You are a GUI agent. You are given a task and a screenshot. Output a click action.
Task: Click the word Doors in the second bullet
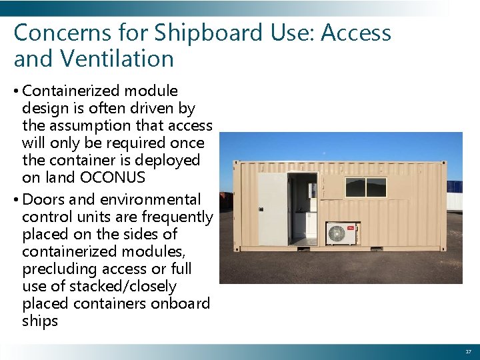42,199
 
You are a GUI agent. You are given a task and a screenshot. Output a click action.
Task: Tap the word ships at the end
40,321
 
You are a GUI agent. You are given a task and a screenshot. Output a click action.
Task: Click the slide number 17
467,351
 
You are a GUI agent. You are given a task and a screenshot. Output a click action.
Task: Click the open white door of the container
272,210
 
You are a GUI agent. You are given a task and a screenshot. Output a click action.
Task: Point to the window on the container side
365,187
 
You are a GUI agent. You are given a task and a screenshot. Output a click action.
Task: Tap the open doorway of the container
302,208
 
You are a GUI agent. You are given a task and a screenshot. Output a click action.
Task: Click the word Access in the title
356,32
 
